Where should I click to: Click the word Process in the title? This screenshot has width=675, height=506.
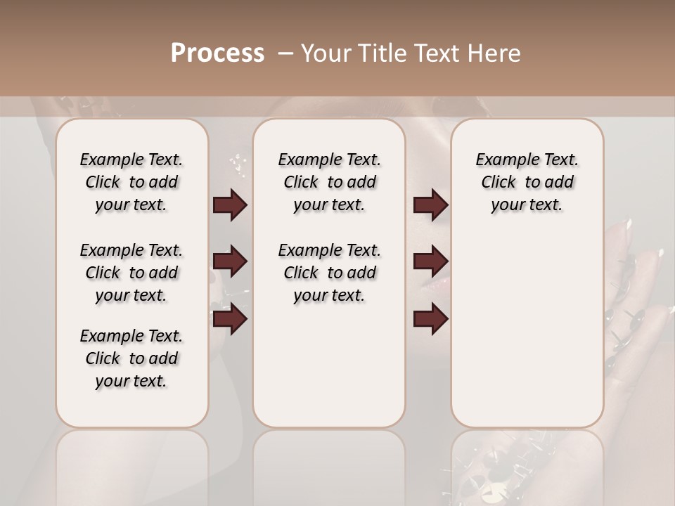217,53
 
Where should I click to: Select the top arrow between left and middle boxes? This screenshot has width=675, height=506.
230,205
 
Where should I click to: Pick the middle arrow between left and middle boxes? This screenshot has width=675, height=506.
230,262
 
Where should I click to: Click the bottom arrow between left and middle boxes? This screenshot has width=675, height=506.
230,319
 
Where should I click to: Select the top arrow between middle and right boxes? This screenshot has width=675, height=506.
430,205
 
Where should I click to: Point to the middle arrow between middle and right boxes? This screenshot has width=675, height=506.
430,262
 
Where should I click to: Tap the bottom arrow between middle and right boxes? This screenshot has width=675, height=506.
430,319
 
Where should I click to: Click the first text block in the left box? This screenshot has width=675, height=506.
131,182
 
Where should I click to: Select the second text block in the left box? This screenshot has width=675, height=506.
131,273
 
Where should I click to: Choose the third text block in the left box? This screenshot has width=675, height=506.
131,358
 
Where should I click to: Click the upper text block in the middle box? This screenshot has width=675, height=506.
329,182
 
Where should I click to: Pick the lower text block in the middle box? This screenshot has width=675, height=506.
329,273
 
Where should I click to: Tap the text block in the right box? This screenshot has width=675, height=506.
527,182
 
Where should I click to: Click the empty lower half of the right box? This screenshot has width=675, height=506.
527,337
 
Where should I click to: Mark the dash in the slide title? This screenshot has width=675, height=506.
285,53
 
